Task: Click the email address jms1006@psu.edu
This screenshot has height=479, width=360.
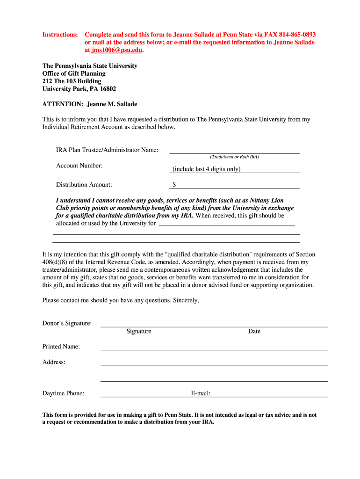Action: tap(116, 50)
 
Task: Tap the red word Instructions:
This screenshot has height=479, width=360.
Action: tap(60, 35)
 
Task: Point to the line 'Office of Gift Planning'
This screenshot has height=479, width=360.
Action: tap(74, 73)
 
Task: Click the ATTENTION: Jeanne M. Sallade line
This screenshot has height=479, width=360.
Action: tap(90, 104)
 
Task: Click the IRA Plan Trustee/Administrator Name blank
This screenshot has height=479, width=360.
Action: tap(234, 150)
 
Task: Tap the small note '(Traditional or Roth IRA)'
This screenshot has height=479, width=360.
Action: tap(234, 157)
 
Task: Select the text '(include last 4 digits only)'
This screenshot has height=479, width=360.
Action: tap(206, 169)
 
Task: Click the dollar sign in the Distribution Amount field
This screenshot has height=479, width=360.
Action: tap(174, 185)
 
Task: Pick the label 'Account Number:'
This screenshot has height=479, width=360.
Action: tap(79, 166)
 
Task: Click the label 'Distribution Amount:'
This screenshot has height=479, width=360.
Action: tap(84, 185)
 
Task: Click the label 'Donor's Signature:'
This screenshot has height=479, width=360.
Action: tap(67, 323)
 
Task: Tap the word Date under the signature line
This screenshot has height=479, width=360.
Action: tap(254, 331)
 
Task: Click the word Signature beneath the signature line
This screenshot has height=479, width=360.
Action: tap(139, 331)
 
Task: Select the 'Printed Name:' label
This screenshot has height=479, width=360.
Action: tap(61, 347)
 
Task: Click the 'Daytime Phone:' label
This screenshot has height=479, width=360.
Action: tap(63, 393)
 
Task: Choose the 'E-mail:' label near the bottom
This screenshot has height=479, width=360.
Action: tap(201, 393)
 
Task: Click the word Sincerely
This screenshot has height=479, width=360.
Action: tap(186, 300)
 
